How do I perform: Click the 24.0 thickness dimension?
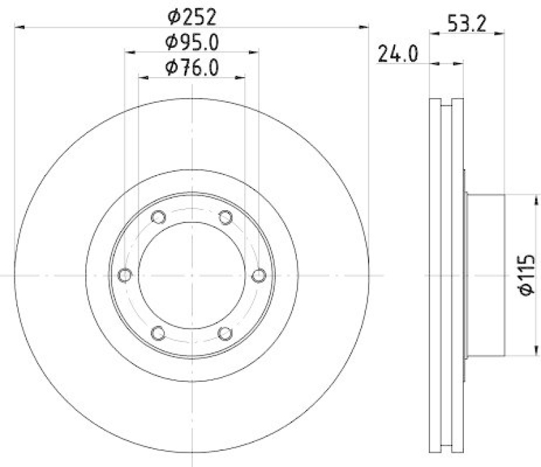pyautogui.click(x=400, y=54)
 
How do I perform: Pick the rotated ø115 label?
pyautogui.click(x=528, y=274)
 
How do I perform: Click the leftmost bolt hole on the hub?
pyautogui.click(x=124, y=275)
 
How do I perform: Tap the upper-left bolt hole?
pyautogui.click(x=158, y=217)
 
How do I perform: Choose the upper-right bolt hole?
pyautogui.click(x=226, y=217)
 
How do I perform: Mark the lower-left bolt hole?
pyautogui.click(x=158, y=333)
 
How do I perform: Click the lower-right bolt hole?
pyautogui.click(x=226, y=333)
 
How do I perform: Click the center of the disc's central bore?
pyautogui.click(x=192, y=275)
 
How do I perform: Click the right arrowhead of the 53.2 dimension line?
pyautogui.click(x=502, y=31)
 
